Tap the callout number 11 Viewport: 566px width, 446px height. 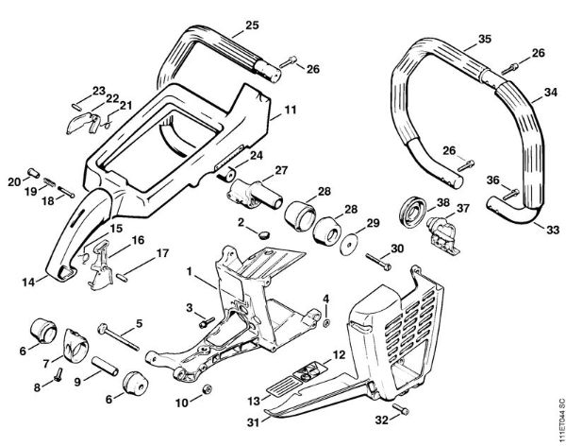tap(290, 111)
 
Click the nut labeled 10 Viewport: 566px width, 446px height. tap(208, 389)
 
